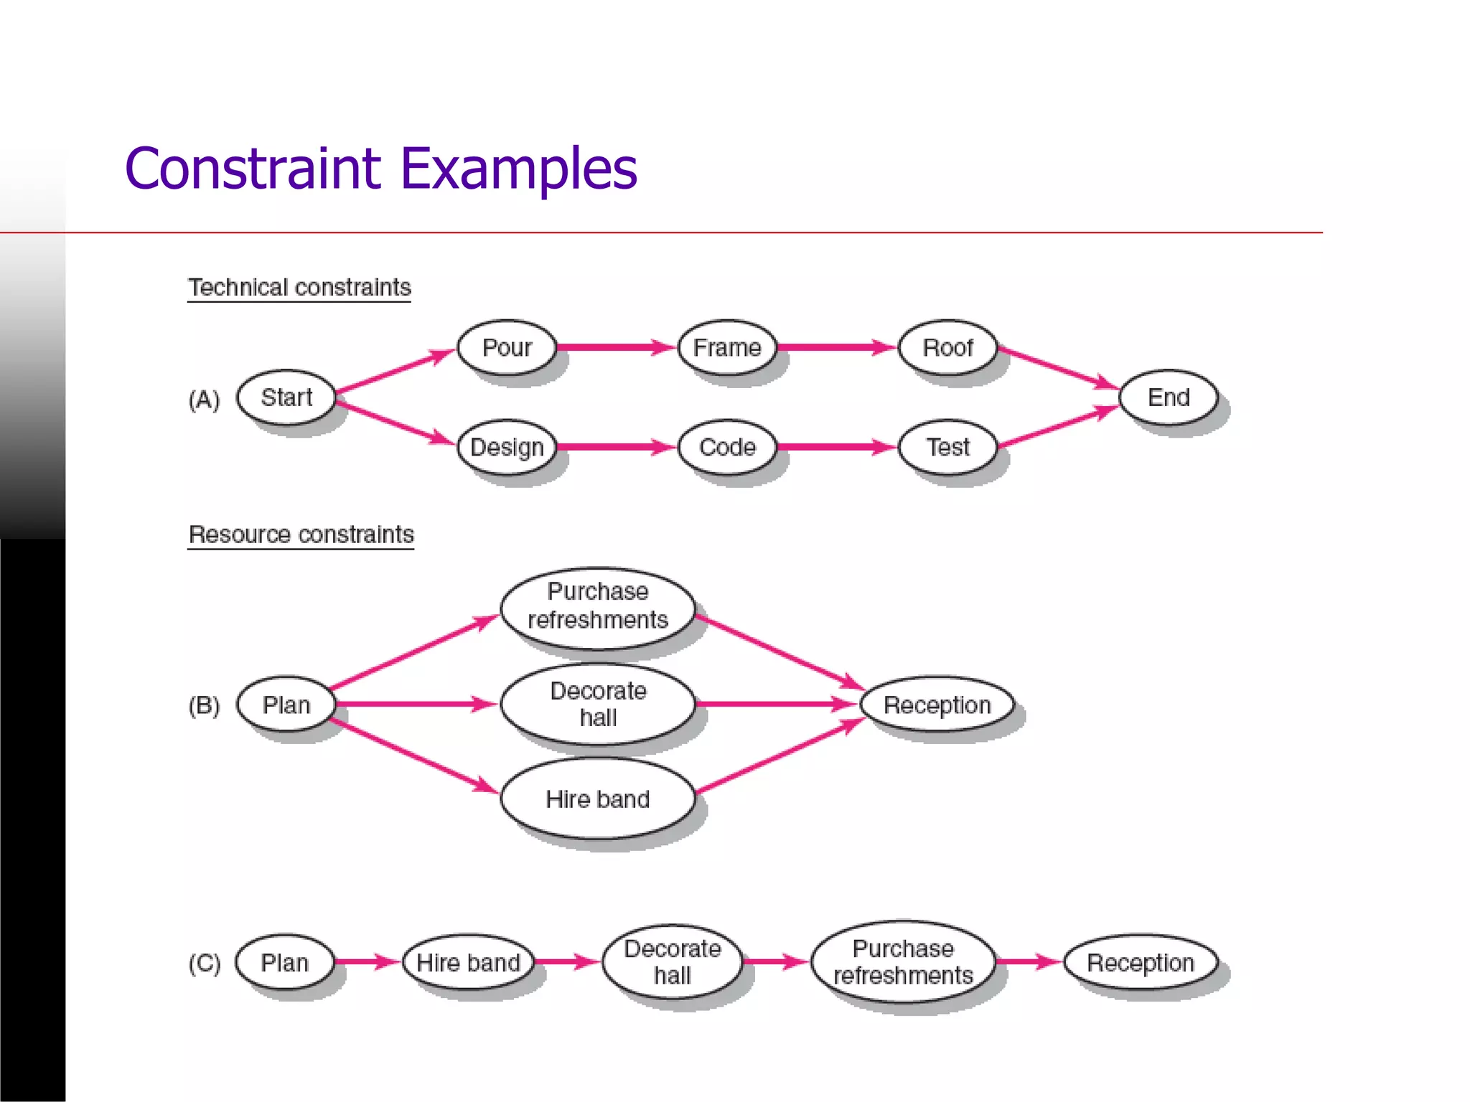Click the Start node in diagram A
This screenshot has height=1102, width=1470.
286,397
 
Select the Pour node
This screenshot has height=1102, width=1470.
507,347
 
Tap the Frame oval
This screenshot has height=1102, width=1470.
727,347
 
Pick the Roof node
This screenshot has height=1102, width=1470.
947,347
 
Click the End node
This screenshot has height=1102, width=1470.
1168,397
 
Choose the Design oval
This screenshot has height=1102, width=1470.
507,447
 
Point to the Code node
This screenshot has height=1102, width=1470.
727,447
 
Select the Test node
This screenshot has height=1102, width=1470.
947,447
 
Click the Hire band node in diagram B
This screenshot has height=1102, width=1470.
597,799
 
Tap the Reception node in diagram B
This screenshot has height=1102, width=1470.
937,705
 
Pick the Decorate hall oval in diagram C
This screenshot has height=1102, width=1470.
672,962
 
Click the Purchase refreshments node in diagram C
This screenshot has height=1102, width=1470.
903,962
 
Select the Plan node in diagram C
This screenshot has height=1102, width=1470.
285,962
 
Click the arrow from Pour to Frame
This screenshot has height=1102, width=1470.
616,347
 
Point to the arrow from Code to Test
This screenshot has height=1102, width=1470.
836,447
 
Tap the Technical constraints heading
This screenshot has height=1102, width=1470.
299,288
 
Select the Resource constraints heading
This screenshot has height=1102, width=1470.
301,534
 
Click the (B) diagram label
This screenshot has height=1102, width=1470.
204,705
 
